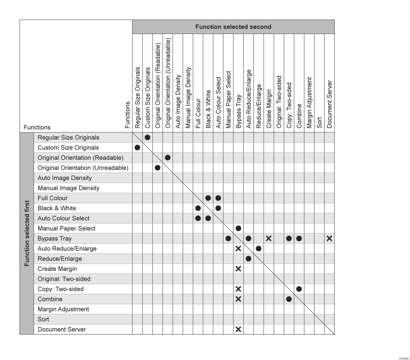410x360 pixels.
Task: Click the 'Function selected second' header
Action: pos(233,27)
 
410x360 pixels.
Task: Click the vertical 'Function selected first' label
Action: pos(27,233)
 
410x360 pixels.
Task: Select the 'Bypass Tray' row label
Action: pos(55,238)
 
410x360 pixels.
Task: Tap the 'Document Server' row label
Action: pos(62,329)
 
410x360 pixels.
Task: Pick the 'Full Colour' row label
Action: pos(52,198)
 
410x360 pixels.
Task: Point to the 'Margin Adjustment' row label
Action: pos(63,309)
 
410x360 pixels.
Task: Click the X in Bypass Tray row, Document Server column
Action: pos(329,238)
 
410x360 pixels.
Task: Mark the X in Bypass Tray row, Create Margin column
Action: pos(269,238)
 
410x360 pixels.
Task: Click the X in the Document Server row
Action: pos(238,329)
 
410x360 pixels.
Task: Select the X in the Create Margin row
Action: pos(238,269)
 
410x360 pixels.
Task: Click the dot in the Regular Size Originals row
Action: pos(147,137)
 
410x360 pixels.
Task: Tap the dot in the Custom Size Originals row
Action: pos(137,147)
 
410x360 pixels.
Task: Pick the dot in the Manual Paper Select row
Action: pos(238,228)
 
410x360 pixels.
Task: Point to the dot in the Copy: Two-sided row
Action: pos(299,289)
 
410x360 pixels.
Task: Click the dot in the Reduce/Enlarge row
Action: pos(248,259)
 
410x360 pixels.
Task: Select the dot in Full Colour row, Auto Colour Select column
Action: pos(218,198)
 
